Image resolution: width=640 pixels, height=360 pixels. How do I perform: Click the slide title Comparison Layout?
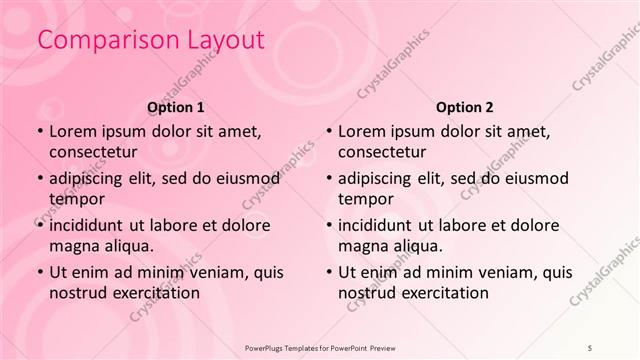150,41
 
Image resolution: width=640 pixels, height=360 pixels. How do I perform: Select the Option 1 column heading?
175,106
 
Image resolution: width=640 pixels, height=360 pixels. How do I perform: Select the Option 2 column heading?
464,106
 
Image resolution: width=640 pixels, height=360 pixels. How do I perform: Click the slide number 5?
590,345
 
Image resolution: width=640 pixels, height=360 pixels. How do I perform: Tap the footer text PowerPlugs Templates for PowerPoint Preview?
319,345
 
